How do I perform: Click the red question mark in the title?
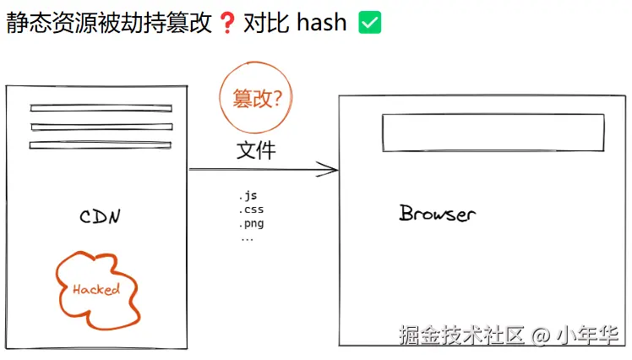click(227, 23)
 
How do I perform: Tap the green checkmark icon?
click(369, 23)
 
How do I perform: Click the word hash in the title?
click(322, 22)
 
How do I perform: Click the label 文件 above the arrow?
click(256, 150)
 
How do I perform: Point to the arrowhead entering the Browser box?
click(336, 169)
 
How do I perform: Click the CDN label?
click(100, 216)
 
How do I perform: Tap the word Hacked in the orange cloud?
click(96, 289)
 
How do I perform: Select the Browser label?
click(438, 213)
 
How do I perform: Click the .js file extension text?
click(248, 196)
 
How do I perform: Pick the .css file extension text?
click(251, 210)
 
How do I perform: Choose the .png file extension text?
click(251, 224)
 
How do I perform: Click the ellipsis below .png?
click(247, 239)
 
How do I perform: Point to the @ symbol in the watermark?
click(542, 335)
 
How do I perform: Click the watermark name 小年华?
click(587, 335)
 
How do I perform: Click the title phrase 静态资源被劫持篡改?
click(109, 22)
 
